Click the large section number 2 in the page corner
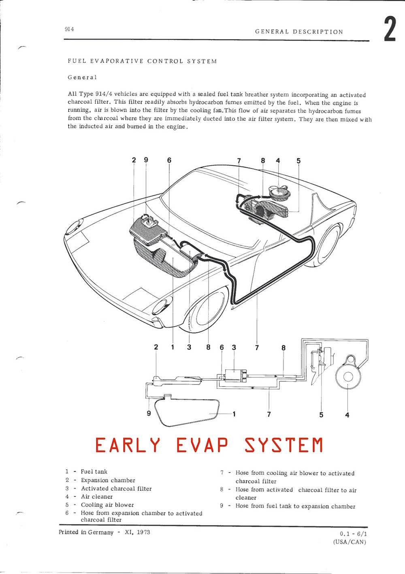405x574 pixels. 390,28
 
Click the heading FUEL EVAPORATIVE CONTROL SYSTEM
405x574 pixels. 142,61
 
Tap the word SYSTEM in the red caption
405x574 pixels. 283,445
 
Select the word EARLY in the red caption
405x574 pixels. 128,445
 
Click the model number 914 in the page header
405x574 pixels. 69,29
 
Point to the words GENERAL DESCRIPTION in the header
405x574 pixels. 299,32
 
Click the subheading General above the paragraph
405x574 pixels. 82,77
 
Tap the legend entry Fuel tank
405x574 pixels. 94,472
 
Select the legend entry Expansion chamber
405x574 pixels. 108,480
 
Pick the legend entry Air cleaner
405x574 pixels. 97,497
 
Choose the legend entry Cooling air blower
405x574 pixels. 107,505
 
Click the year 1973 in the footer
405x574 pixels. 143,532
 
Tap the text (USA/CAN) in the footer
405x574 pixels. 350,542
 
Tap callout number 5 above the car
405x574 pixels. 298,161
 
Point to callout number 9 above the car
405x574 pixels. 146,160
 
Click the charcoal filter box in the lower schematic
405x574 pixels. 236,376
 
